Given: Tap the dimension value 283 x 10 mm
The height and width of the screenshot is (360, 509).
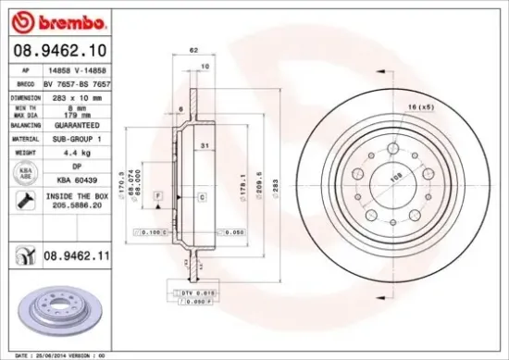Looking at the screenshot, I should [76, 96].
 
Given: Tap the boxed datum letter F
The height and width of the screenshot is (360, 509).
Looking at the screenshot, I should [158, 197].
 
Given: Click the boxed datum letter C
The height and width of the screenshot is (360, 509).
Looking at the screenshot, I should [201, 197].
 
